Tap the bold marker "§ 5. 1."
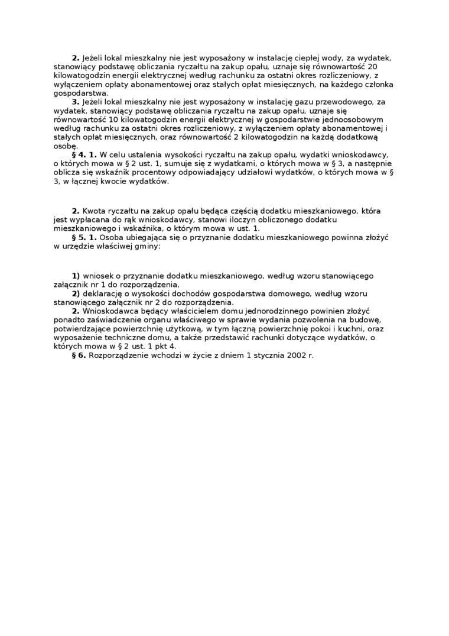(x=84, y=237)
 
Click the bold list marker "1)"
(x=76, y=276)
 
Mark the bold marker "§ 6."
(x=79, y=355)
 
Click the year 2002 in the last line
(x=289, y=355)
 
